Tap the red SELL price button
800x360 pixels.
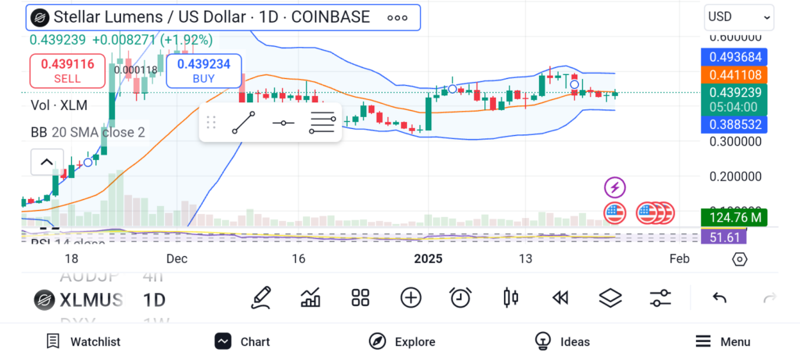[x=67, y=71]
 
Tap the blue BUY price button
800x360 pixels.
[x=203, y=71]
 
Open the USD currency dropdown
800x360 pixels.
[x=738, y=16]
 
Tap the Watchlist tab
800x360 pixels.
[x=84, y=341]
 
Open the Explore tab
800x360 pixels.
[x=402, y=341]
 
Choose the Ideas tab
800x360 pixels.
[x=562, y=341]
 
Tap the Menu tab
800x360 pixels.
[x=723, y=341]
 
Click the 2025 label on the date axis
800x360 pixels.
[x=428, y=259]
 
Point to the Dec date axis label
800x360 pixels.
[x=177, y=259]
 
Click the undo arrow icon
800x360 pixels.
[x=720, y=298]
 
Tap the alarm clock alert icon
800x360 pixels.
[x=460, y=298]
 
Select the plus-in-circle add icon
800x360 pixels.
[x=411, y=298]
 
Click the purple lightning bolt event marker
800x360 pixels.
[x=616, y=187]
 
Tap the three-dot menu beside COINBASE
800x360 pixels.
[x=397, y=17]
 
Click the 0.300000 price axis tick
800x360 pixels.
[x=734, y=142]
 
